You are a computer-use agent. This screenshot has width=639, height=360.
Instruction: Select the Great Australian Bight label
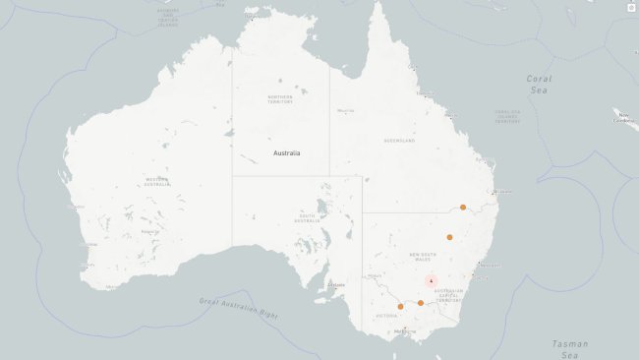pos(238,308)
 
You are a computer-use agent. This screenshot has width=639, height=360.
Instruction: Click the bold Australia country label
pos(288,153)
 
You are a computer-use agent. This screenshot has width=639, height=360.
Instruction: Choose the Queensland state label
pos(400,141)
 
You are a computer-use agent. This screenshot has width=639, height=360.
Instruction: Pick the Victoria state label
pos(386,316)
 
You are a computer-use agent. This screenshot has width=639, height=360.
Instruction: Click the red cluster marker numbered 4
pos(431,280)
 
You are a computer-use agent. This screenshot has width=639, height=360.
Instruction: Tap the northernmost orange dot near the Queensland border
pos(463,208)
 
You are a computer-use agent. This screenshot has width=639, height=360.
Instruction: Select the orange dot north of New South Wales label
pos(449,237)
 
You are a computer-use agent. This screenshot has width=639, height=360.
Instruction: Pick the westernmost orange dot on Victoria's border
pos(400,306)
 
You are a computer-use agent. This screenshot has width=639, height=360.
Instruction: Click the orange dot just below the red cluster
pos(420,303)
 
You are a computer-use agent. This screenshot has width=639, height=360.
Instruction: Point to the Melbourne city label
pos(404,331)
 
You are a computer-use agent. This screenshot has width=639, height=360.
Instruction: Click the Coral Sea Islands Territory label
pos(508,116)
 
